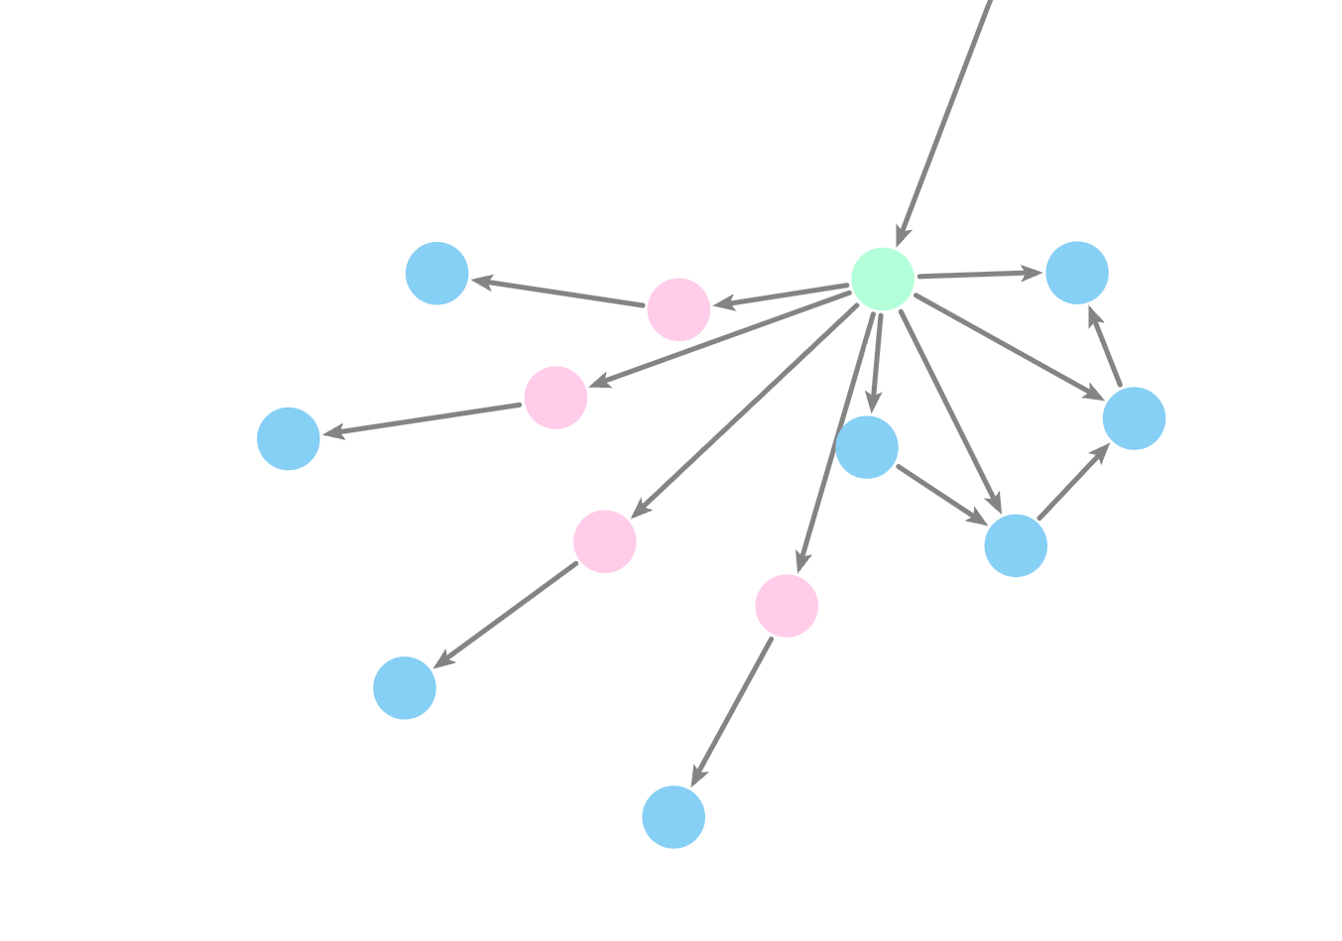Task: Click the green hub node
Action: click(882, 280)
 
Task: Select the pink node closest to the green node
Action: click(678, 309)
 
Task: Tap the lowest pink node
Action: click(787, 606)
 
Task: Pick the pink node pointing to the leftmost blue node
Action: click(555, 398)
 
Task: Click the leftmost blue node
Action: click(289, 438)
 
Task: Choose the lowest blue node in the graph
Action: click(673, 817)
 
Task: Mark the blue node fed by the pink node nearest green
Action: click(436, 273)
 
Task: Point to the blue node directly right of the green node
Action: click(1076, 273)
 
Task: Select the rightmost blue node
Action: click(1134, 418)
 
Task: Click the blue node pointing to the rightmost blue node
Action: click(1016, 545)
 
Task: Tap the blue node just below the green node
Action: click(867, 447)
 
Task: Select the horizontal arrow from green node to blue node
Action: click(978, 275)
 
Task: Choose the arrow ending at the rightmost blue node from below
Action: click(1073, 482)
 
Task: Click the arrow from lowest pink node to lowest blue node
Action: click(732, 711)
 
